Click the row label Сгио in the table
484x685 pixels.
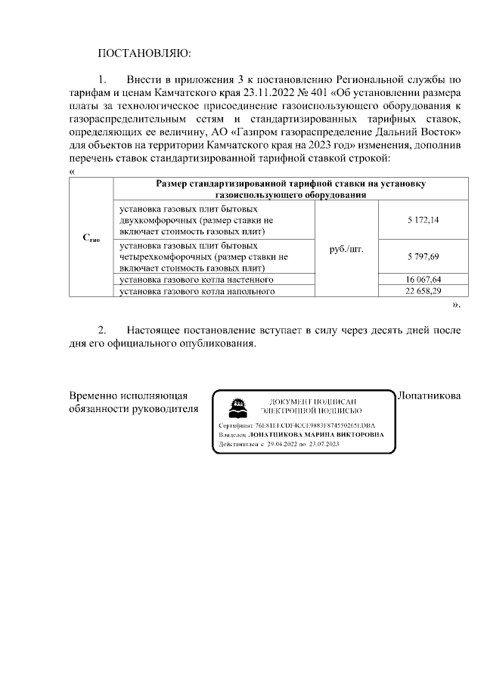point(91,238)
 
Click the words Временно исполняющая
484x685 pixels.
point(129,395)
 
